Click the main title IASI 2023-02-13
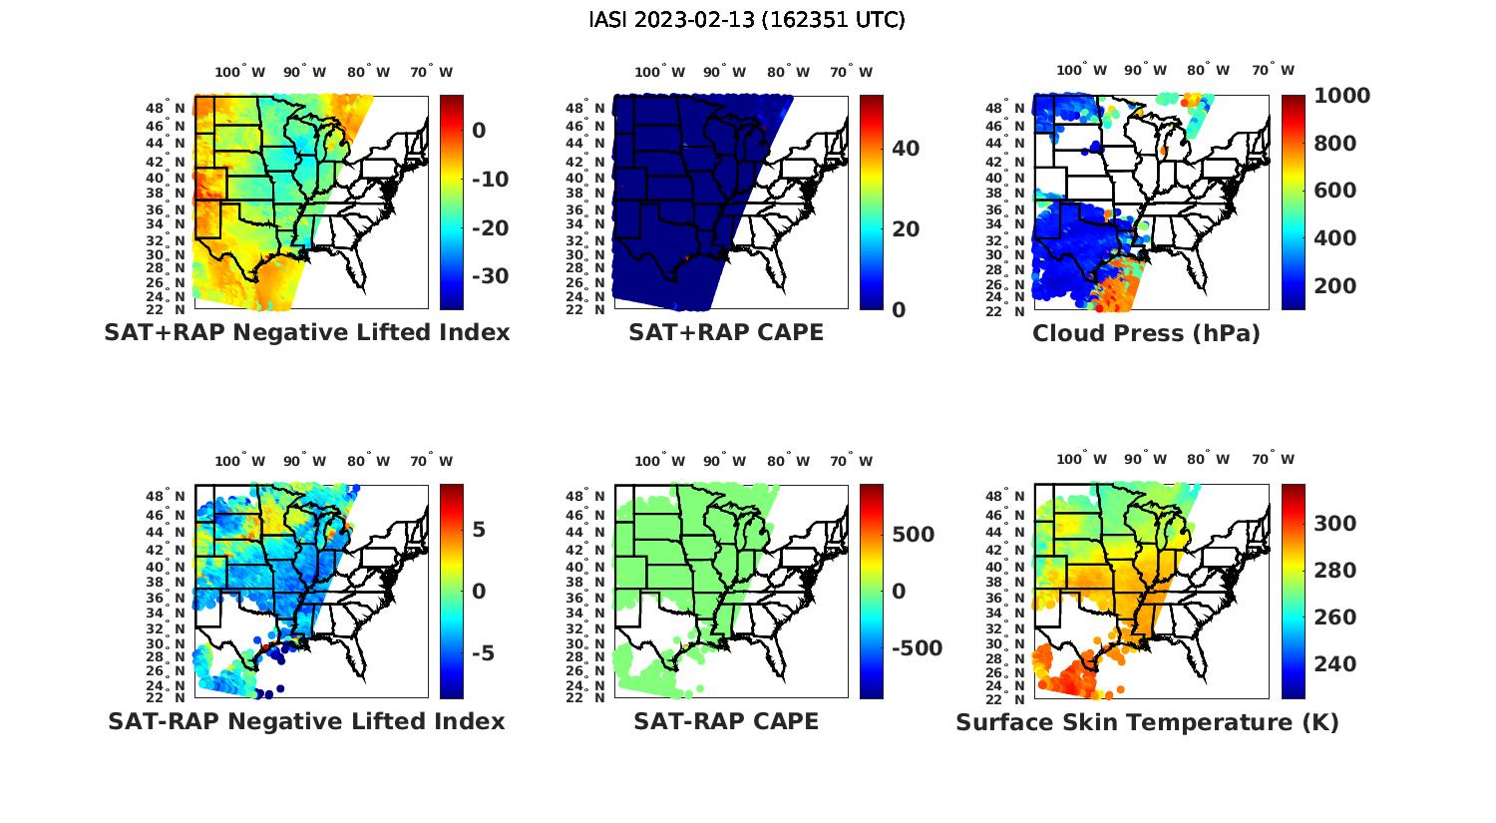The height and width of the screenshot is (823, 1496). pos(747,20)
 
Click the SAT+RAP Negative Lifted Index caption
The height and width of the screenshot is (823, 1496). pos(307,332)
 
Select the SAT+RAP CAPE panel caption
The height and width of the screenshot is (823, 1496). pos(726,332)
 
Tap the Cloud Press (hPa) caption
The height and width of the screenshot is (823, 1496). pos(1146,333)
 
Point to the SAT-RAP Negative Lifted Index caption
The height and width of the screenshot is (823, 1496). pos(306,721)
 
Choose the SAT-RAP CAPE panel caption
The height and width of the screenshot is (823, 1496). pos(726,721)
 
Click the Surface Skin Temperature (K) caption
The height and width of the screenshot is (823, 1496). pos(1147,722)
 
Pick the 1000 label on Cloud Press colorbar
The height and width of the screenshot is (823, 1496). pos(1341,96)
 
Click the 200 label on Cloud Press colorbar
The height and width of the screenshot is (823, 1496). pos(1335,286)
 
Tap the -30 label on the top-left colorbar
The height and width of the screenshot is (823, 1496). pos(490,276)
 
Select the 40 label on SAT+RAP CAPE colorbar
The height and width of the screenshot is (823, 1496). pos(906,149)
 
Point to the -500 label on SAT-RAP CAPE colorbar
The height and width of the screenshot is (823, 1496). pos(916,648)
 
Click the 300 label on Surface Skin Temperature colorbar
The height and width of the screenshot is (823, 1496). pos(1335,524)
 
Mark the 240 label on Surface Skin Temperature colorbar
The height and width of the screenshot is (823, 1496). pos(1335,664)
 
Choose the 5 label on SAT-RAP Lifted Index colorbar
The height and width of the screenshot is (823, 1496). pos(479,529)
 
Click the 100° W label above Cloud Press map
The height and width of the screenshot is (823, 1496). pos(1082,71)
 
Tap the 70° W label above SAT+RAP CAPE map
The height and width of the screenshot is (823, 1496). pos(852,72)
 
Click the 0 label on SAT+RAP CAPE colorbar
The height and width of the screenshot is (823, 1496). pos(899,310)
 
